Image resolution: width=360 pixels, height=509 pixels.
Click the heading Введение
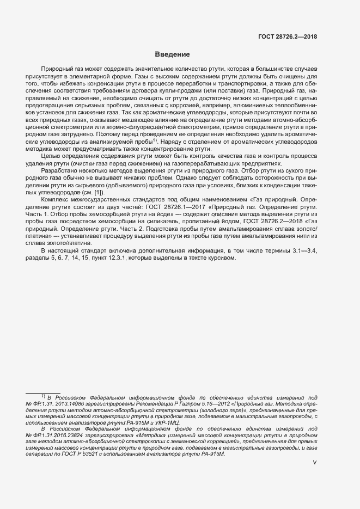(x=172, y=54)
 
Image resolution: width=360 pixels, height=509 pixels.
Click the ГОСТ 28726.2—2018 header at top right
(x=288, y=36)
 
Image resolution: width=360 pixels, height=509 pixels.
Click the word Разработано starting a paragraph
(x=58, y=171)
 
